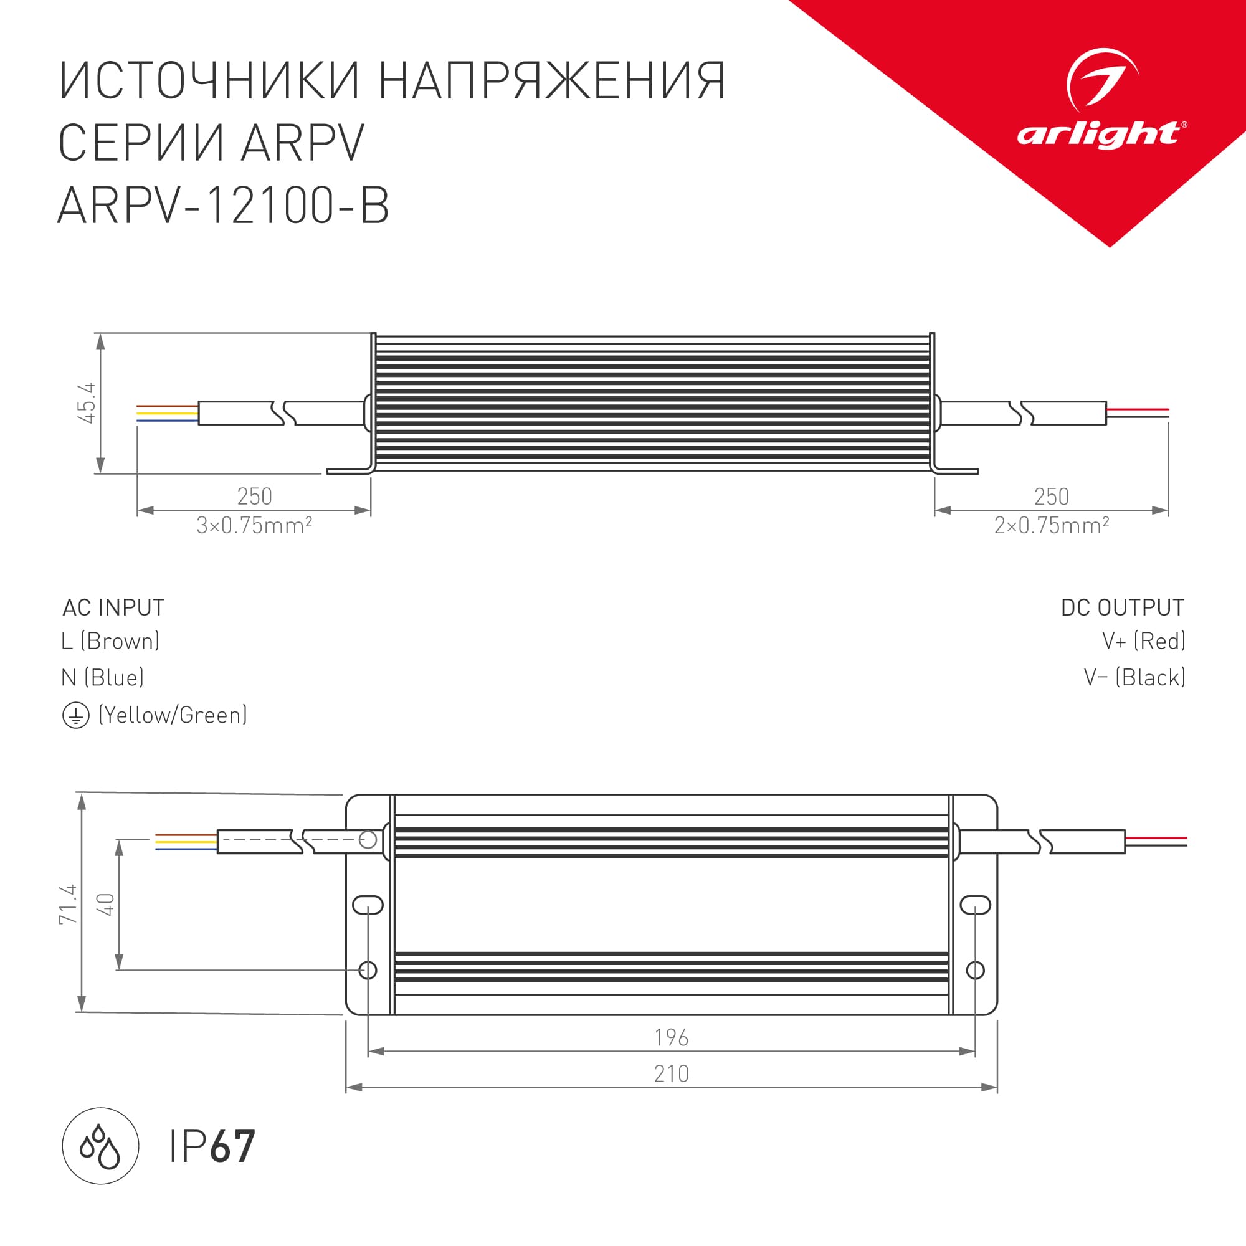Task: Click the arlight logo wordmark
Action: [1100, 134]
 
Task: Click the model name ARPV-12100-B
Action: [223, 206]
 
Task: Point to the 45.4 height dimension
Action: [87, 403]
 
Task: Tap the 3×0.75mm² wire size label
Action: [254, 526]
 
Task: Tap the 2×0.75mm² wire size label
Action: [1051, 526]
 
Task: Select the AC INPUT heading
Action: [113, 607]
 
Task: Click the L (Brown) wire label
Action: [110, 641]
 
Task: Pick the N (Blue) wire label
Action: [103, 677]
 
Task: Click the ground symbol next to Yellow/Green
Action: [75, 716]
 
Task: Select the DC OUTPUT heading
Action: [1122, 607]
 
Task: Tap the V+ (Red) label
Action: [1143, 641]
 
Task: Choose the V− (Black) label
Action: [1134, 677]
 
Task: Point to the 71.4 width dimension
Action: [68, 904]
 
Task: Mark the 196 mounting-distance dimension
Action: [671, 1038]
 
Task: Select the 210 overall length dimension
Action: [671, 1074]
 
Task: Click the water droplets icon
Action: [100, 1146]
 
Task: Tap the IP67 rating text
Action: [212, 1147]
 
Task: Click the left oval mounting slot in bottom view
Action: [368, 905]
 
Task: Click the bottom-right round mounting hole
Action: [975, 970]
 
